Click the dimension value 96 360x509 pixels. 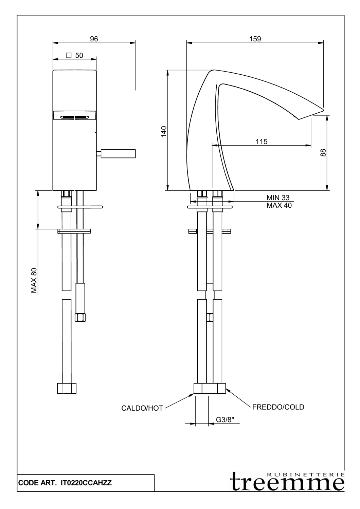94,39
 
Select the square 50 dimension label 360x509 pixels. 75,56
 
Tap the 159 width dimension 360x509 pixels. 255,39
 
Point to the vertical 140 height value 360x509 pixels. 164,131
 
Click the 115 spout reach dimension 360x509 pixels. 262,142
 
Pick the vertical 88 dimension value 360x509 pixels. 323,153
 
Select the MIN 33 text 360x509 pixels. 278,198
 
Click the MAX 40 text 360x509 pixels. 279,206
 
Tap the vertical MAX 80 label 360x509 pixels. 34,280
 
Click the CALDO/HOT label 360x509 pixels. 142,408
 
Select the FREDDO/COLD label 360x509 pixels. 278,407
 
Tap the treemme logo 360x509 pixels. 287,482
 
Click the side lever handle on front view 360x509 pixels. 118,154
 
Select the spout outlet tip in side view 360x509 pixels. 311,115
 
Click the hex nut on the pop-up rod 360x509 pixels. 80,317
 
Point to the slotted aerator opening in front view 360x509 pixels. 74,117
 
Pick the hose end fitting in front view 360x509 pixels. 67,388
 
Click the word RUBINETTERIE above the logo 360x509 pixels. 306,474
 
